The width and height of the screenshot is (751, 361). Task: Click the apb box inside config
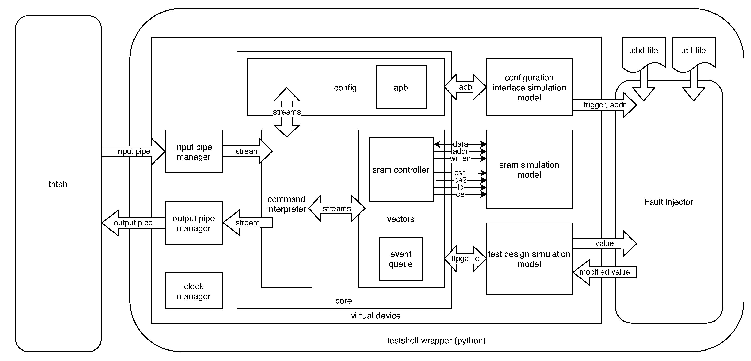[x=401, y=87]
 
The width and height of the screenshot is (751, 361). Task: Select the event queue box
[x=401, y=259]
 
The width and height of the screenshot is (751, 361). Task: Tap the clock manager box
[x=194, y=291]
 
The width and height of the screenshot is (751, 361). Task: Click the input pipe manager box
[x=194, y=152]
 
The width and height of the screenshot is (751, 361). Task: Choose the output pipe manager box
[x=194, y=223]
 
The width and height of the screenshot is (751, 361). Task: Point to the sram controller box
[x=401, y=170]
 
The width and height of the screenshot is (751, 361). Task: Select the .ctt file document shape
[x=693, y=52]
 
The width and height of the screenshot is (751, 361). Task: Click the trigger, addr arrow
[x=604, y=105]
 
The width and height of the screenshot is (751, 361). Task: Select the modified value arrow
[x=604, y=272]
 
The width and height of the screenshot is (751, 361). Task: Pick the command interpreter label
[x=286, y=204]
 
